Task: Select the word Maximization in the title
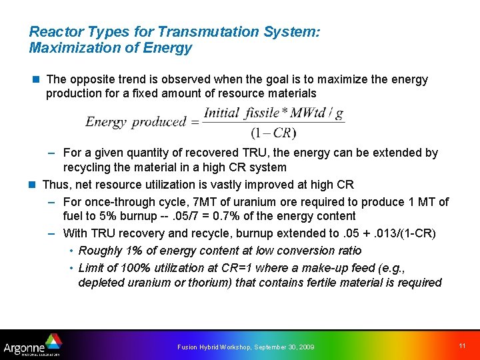tap(69, 48)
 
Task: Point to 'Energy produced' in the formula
tap(135, 122)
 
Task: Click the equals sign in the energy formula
tap(195, 123)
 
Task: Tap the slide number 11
tap(462, 345)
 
